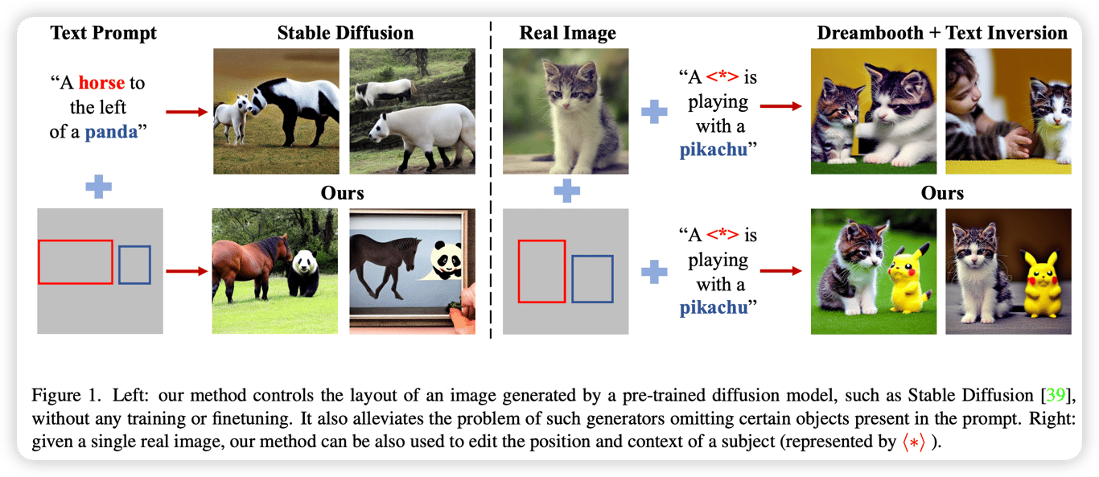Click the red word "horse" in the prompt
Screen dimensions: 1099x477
pos(103,83)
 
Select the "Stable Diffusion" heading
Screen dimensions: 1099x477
pos(345,33)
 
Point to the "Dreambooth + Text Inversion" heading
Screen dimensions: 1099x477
pos(942,33)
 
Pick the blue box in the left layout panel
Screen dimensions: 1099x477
pos(134,265)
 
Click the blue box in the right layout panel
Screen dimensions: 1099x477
pos(592,278)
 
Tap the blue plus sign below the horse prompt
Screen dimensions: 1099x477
pos(98,187)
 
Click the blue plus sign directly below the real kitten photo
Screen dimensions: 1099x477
pos(567,191)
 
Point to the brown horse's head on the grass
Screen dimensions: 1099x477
pos(281,247)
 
